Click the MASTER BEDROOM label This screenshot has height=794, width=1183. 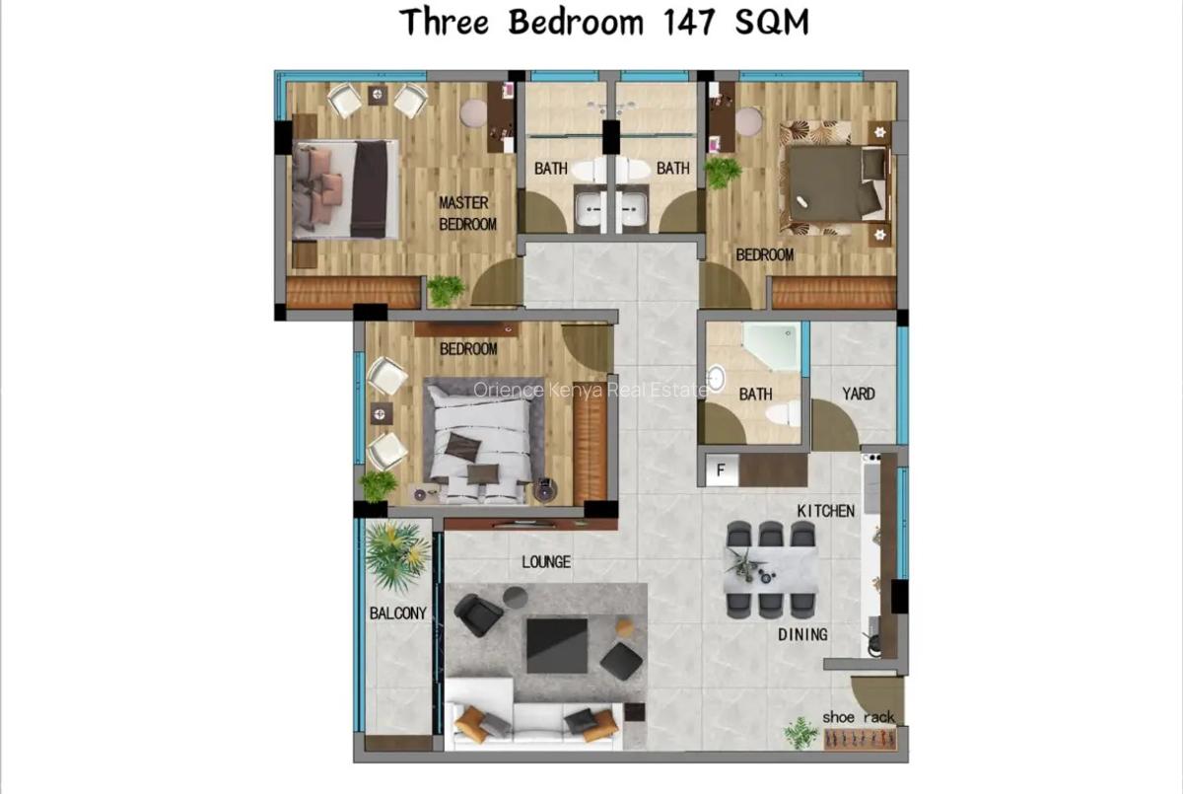coord(466,214)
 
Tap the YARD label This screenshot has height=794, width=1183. coord(858,394)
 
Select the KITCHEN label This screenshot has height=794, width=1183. coord(826,510)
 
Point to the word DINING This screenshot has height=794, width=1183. coord(801,634)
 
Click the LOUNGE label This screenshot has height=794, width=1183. coord(545,562)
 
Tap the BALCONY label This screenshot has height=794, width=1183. coord(398,613)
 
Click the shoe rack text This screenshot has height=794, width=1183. coord(859,717)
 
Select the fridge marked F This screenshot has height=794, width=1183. coord(721,470)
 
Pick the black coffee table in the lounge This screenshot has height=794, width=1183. coord(557,644)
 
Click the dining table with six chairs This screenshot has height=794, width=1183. coord(771,570)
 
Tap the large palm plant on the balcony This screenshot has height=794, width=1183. coord(397,553)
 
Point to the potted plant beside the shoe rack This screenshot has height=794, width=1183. coord(800,733)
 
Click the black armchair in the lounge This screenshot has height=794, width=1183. coord(479,614)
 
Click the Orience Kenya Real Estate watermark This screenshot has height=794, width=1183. coord(590,390)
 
